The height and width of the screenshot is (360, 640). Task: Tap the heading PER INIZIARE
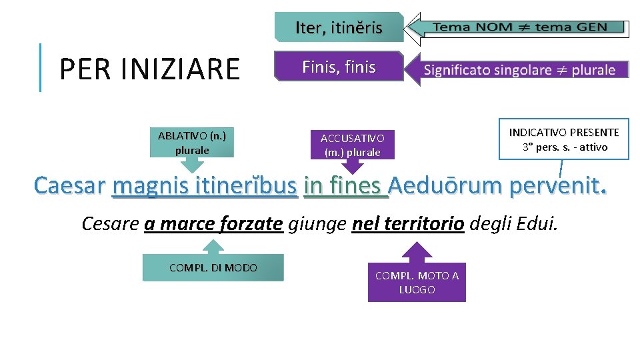pyautogui.click(x=149, y=69)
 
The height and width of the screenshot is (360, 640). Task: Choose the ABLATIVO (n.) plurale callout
pyautogui.click(x=192, y=143)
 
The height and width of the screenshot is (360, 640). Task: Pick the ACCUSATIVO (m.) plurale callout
pyautogui.click(x=352, y=145)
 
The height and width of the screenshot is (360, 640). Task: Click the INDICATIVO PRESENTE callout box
pyautogui.click(x=564, y=139)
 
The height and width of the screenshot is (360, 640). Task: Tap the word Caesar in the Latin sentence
pyautogui.click(x=70, y=185)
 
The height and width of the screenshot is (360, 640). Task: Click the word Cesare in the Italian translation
pyautogui.click(x=109, y=223)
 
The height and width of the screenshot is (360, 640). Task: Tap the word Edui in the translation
pyautogui.click(x=535, y=223)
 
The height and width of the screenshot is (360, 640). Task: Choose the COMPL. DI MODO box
pyautogui.click(x=213, y=268)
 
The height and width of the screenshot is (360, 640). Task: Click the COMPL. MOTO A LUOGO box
pyautogui.click(x=417, y=283)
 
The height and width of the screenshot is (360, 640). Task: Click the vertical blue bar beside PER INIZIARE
pyautogui.click(x=41, y=67)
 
